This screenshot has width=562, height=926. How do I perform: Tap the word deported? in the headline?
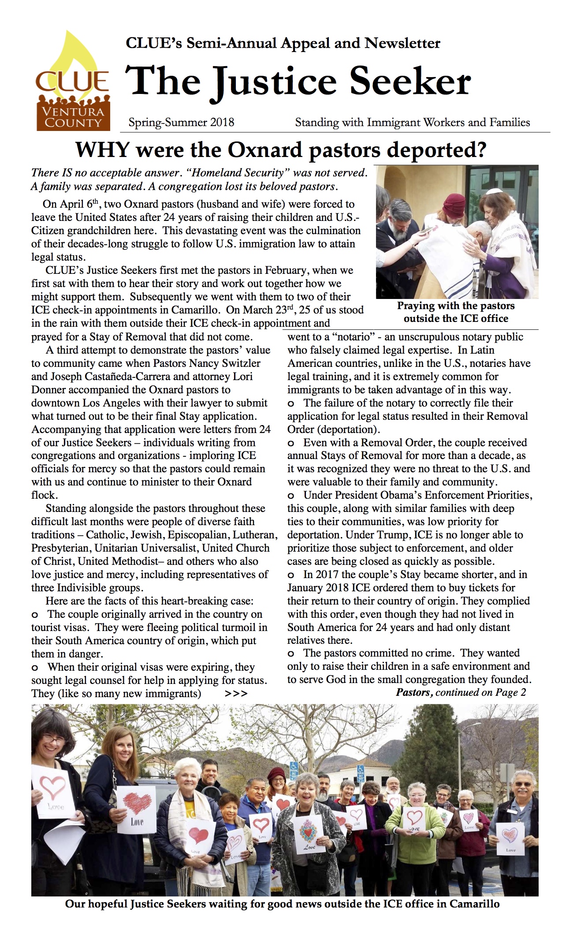click(436, 150)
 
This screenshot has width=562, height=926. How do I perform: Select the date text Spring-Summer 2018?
click(181, 122)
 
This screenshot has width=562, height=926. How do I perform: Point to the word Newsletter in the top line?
click(402, 43)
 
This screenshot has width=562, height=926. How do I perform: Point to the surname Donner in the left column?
click(48, 390)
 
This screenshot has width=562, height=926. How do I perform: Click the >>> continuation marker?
click(236, 694)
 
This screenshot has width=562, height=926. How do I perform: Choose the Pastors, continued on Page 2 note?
click(461, 692)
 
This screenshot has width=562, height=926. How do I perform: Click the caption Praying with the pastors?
click(456, 306)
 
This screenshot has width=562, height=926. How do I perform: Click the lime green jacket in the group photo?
click(417, 829)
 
